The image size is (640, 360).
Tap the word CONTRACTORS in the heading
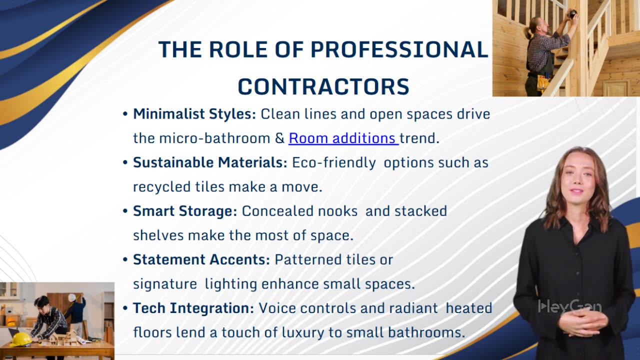pyautogui.click(x=323, y=86)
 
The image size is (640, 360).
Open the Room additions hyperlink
pyautogui.click(x=343, y=138)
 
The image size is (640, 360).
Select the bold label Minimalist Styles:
pyautogui.click(x=194, y=114)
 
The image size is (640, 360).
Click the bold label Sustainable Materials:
pyautogui.click(x=210, y=162)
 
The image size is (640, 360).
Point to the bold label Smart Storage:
pyautogui.click(x=185, y=211)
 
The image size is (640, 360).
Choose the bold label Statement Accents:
pyautogui.click(x=201, y=259)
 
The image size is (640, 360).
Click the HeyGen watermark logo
pyautogui.click(x=569, y=306)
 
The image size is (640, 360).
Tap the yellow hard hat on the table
pyautogui.click(x=20, y=339)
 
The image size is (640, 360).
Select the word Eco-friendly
pyautogui.click(x=334, y=162)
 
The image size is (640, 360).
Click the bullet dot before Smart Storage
pyautogui.click(x=125, y=211)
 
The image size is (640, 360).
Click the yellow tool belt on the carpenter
pyautogui.click(x=542, y=82)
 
